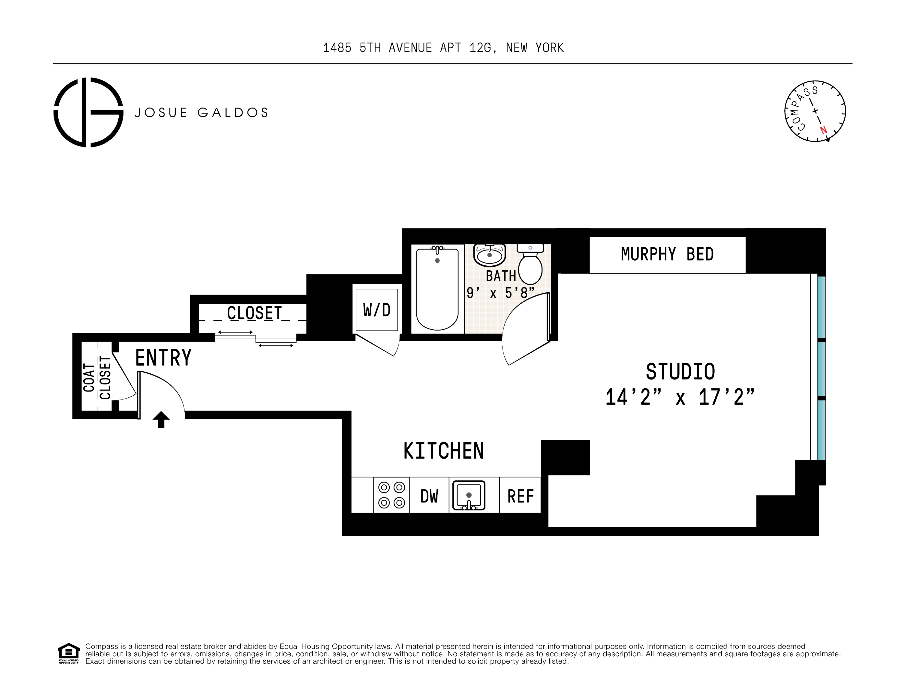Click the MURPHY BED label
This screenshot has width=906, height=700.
[x=667, y=254]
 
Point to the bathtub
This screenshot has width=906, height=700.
[x=437, y=289]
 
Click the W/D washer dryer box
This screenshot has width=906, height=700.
[x=377, y=310]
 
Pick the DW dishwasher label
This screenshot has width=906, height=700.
[x=429, y=496]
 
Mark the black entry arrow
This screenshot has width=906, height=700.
[x=161, y=419]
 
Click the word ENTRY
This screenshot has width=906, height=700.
[x=163, y=357]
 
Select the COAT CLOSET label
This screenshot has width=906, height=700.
[x=97, y=378]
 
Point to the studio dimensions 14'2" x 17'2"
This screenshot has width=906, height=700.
[x=680, y=397]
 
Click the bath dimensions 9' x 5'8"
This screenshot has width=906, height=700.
[x=500, y=293]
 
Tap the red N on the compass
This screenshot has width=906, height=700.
[x=823, y=130]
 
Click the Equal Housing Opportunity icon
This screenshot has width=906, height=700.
[x=68, y=653]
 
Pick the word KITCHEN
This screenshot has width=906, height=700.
[x=444, y=451]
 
